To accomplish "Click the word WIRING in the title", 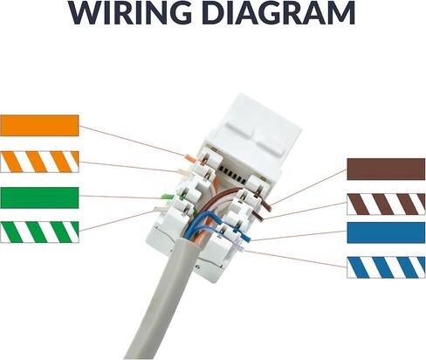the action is coord(131,13).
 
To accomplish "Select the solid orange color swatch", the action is coord(39,126).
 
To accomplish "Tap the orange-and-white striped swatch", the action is coord(39,162).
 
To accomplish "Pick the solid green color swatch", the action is coord(39,197).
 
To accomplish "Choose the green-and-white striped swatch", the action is coord(39,232).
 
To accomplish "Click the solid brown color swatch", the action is coord(386,170).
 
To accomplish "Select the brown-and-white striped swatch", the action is coord(386,204).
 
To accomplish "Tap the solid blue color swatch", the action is coord(386,232).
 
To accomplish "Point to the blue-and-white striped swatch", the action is coord(386,267).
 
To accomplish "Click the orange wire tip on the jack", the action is coord(190,158).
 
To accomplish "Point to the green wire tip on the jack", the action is coord(167,197).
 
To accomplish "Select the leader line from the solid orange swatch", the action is coord(133,141).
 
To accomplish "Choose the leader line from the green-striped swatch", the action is coord(116,221).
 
